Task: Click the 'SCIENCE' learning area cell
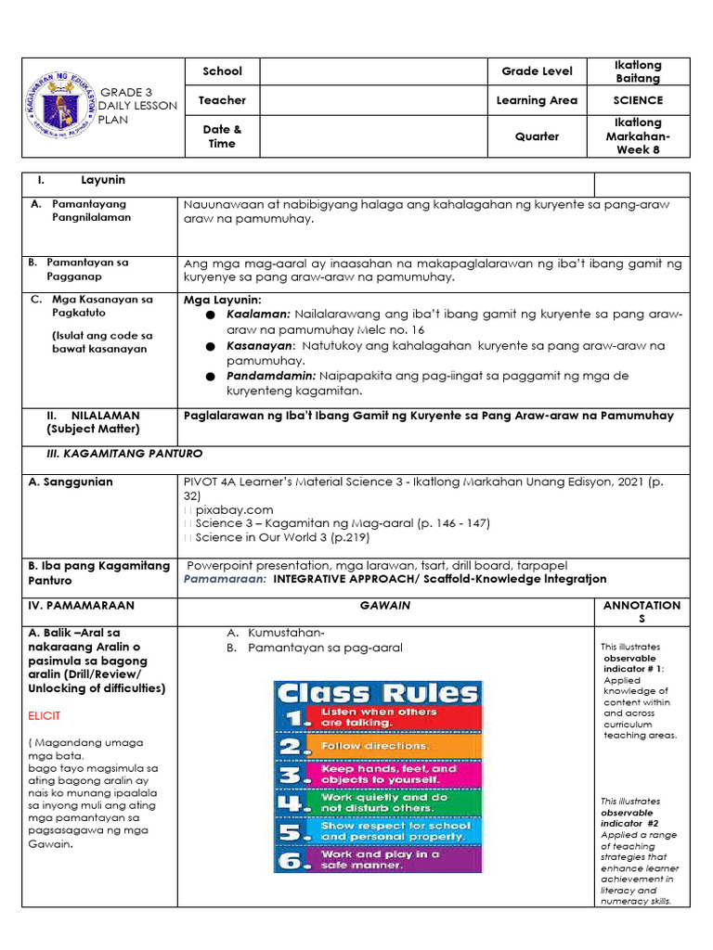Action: coord(638,100)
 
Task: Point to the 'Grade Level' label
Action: coord(537,71)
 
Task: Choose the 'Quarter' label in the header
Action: coord(537,136)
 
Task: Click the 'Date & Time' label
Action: coord(222,136)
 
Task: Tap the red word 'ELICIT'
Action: coord(49,716)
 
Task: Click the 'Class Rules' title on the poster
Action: coord(378,693)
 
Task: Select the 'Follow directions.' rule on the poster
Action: coord(375,746)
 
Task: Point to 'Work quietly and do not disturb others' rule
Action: coord(384,802)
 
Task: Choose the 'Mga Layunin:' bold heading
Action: coord(222,300)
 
